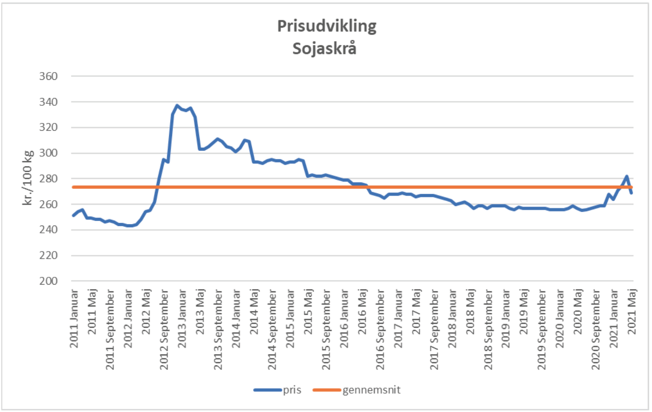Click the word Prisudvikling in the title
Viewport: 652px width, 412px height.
[x=327, y=26]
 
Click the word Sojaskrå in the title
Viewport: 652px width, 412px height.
[x=324, y=48]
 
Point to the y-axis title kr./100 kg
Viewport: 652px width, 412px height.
[x=28, y=178]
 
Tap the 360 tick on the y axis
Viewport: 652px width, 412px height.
[x=48, y=76]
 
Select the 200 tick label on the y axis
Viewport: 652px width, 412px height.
[x=48, y=281]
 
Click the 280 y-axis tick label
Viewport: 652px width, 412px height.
[x=48, y=179]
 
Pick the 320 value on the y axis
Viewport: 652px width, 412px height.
[x=48, y=127]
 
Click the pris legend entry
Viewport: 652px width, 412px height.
[x=292, y=390]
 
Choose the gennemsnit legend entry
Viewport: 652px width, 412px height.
[x=371, y=390]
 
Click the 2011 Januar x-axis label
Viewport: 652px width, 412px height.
[x=74, y=319]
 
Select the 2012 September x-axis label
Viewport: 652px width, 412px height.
[x=164, y=329]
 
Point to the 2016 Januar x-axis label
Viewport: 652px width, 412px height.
[x=344, y=319]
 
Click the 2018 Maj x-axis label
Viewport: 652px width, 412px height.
[x=470, y=311]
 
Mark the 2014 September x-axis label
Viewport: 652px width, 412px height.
[x=272, y=329]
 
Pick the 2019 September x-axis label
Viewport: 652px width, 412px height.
[x=542, y=329]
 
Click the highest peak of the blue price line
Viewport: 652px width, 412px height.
[x=177, y=105]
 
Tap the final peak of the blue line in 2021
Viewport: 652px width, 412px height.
[x=627, y=176]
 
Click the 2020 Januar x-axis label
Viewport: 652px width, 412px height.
[x=560, y=319]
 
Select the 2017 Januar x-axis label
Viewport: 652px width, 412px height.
[x=398, y=319]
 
